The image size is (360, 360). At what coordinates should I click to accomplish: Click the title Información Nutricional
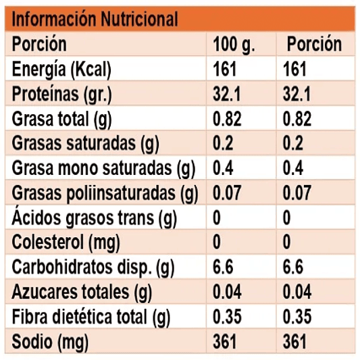coord(95,18)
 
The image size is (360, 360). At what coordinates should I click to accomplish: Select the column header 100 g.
coord(234,45)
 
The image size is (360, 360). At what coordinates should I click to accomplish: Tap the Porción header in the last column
coord(314,45)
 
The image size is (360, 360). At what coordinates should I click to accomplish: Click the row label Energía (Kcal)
coord(61,70)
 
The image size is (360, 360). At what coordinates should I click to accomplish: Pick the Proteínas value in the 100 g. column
coord(228,95)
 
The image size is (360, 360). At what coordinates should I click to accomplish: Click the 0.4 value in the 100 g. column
coord(224,169)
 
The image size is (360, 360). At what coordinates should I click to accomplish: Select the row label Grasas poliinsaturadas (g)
coord(105,193)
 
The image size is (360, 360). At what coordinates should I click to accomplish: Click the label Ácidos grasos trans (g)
coord(95,218)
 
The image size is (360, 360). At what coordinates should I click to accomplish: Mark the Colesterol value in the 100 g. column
coord(217,242)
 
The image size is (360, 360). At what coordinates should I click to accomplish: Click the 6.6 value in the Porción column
coord(294,267)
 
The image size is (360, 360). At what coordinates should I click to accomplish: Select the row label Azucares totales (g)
coord(79,292)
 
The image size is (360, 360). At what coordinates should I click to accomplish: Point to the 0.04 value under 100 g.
coord(228,292)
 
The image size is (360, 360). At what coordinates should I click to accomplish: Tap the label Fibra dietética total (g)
coord(91,316)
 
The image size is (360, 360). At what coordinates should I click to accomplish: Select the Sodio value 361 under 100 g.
coord(225,341)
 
